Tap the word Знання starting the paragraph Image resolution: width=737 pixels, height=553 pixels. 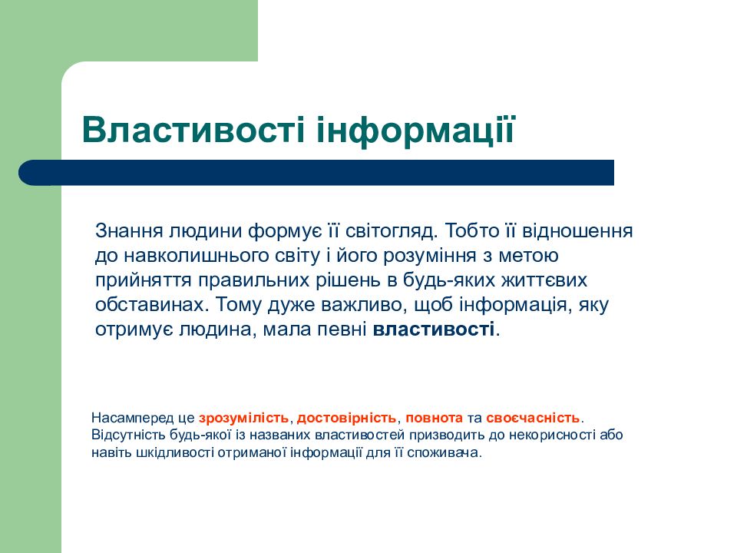click(125, 230)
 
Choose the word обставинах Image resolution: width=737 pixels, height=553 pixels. click(150, 305)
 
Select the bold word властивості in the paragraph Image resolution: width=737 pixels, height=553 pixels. click(434, 329)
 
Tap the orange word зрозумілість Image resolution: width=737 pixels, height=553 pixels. click(243, 419)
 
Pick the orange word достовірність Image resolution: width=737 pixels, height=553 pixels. click(346, 419)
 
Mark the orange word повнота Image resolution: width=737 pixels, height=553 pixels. click(434, 419)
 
